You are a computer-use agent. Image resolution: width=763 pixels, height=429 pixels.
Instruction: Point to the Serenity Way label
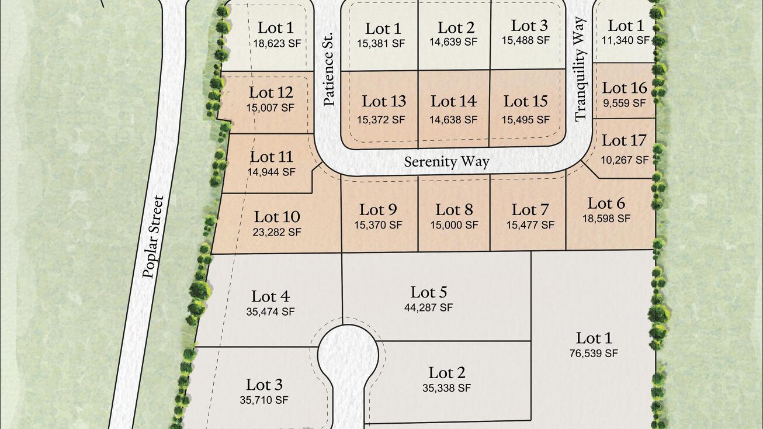tap(447, 161)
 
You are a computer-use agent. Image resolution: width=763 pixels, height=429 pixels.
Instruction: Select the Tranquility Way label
tap(580, 69)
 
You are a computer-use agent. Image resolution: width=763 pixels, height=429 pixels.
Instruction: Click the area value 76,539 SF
tap(593, 353)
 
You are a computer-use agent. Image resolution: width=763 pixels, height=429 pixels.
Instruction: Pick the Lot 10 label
tap(277, 217)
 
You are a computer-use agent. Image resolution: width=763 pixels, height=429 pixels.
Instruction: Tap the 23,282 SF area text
tap(277, 232)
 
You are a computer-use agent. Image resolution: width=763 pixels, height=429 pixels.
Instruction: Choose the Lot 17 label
tap(624, 141)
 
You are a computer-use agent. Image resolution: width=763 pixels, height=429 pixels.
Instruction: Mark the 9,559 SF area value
tap(624, 103)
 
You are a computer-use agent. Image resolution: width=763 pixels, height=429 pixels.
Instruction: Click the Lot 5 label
tap(429, 292)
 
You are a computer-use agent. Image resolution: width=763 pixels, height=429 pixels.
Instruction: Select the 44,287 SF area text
tap(428, 307)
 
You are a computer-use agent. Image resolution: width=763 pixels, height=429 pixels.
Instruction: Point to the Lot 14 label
tap(453, 101)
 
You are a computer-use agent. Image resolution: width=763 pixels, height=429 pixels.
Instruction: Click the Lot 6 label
tap(606, 203)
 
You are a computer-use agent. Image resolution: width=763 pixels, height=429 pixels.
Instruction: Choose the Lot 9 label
tap(379, 209)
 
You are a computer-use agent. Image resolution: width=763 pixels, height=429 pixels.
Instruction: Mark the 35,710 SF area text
tap(264, 400)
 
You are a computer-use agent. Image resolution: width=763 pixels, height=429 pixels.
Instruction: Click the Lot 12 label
tap(270, 92)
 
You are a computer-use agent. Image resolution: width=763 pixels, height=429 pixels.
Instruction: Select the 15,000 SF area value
tap(454, 224)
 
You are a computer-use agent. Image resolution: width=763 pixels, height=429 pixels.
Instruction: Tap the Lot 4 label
tap(270, 296)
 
